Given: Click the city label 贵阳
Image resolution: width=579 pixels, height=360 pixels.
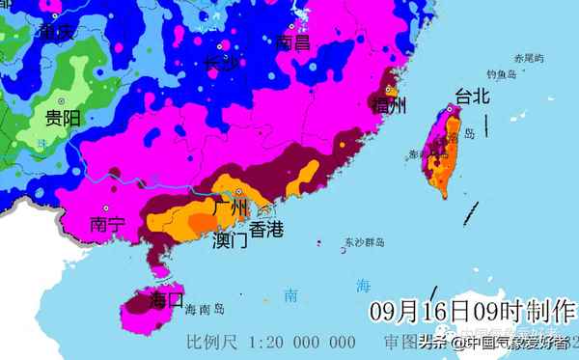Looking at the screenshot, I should tap(61, 119).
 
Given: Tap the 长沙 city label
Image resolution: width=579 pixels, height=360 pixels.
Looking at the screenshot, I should tap(220, 63).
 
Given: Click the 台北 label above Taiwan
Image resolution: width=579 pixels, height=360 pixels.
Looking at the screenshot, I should tap(472, 96).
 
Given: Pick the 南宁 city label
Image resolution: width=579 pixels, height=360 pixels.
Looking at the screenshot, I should tap(107, 225).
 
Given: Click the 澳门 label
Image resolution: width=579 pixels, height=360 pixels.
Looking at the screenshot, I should tap(229, 239).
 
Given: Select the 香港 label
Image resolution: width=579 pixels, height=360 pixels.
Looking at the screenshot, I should tap(267, 230).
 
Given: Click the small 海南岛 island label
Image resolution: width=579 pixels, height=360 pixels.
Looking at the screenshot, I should tap(204, 310).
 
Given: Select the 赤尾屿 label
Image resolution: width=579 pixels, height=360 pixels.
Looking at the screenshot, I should tap(529, 58).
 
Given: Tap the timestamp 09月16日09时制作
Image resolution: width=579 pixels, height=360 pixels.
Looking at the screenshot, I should tap(472, 313).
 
